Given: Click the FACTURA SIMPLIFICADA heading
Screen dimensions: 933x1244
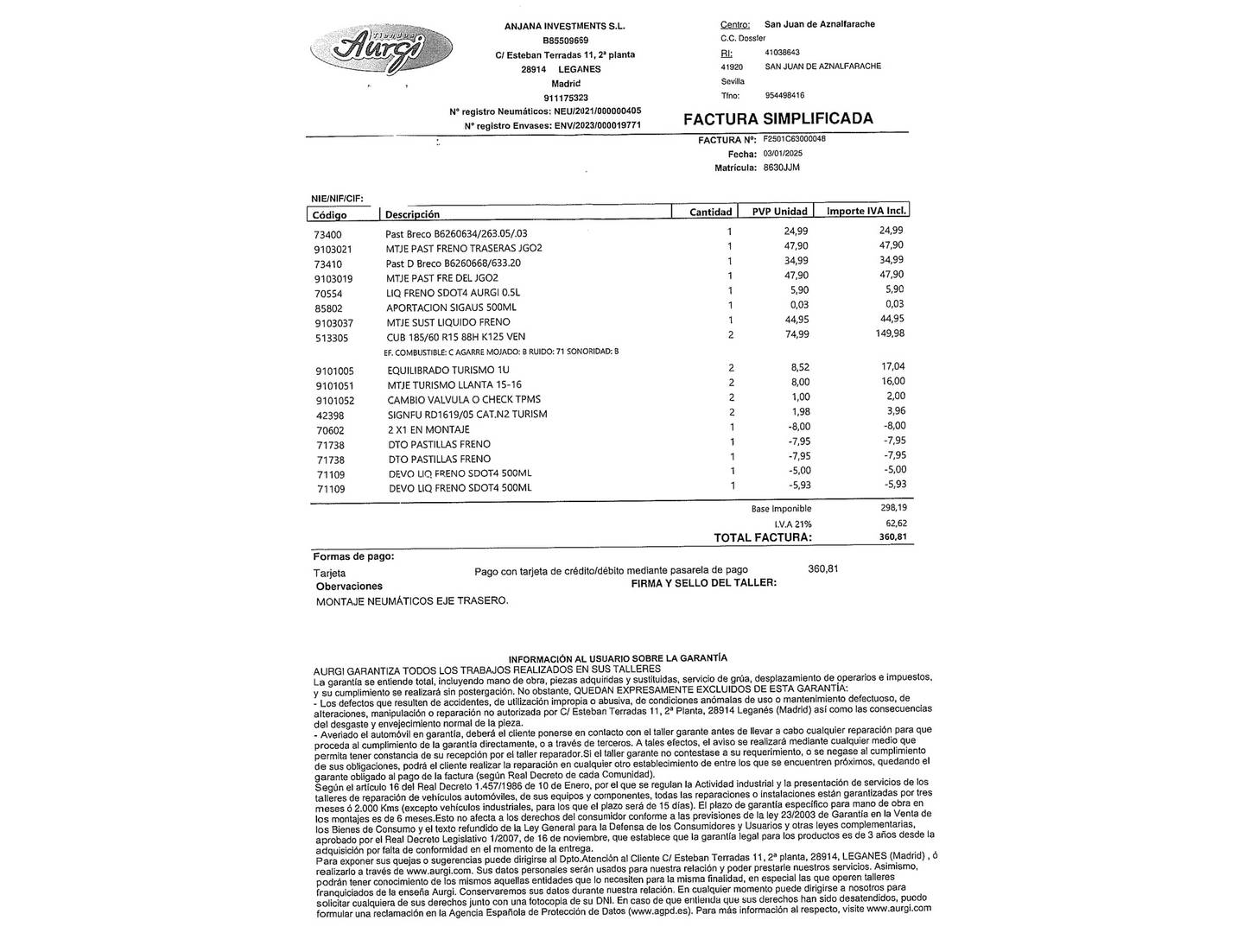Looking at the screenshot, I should tap(777, 119).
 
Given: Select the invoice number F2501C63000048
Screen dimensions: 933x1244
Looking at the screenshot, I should tap(794, 138).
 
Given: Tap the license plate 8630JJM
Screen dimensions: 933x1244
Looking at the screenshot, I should tap(783, 168).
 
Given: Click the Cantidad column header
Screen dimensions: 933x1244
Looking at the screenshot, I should tap(710, 212).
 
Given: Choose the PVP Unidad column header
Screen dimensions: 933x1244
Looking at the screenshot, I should tap(779, 212).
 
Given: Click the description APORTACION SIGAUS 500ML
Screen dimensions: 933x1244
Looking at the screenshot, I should tap(451, 308).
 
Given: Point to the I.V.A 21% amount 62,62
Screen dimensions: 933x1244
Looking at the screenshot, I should tap(896, 524).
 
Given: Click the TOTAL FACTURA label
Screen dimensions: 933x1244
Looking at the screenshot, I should tap(763, 538).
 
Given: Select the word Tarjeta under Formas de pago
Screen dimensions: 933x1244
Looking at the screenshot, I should tap(329, 573).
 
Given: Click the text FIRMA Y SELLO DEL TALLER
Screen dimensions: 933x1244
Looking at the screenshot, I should tap(703, 583).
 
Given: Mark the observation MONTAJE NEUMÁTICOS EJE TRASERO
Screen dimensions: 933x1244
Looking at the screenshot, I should tap(412, 601).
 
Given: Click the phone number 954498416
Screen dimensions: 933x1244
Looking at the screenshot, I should tap(784, 96).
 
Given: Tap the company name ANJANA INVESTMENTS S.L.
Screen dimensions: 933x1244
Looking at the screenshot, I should tap(564, 26).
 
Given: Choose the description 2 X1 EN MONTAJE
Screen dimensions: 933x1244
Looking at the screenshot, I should tap(429, 429).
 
